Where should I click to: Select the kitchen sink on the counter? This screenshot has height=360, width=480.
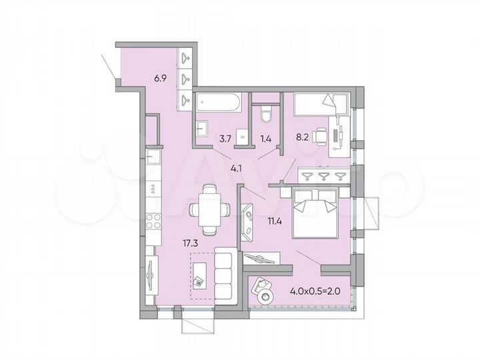(153, 159)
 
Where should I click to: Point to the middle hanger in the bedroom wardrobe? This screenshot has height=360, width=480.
(324, 175)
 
